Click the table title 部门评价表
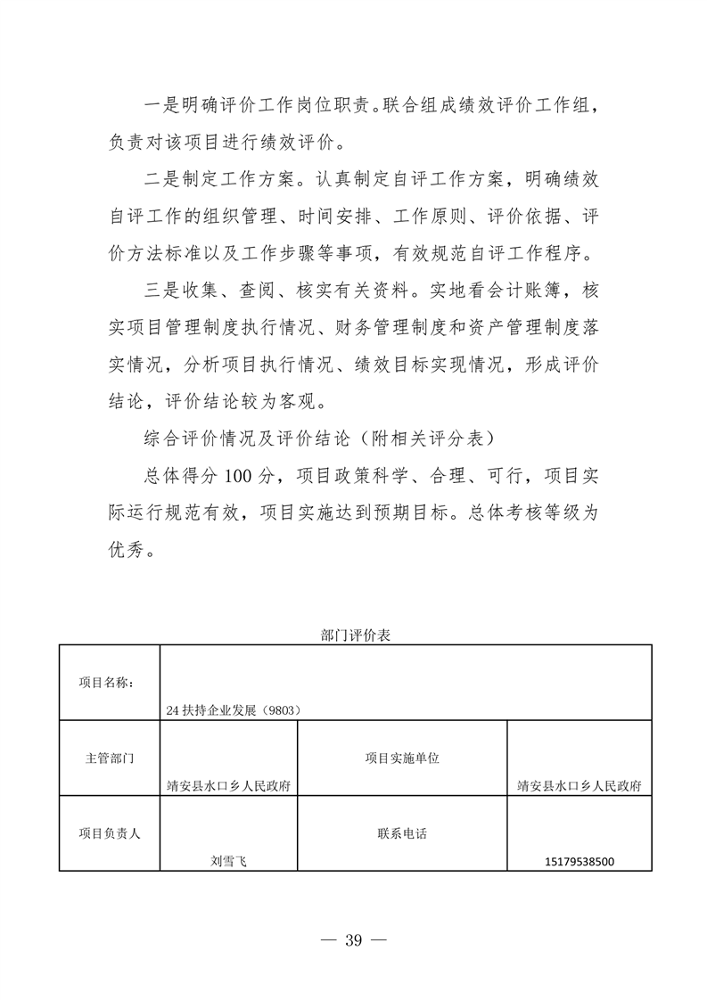coord(356,635)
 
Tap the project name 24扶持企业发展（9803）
coord(232,710)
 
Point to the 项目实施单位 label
coord(402,758)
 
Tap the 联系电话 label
coord(402,834)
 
